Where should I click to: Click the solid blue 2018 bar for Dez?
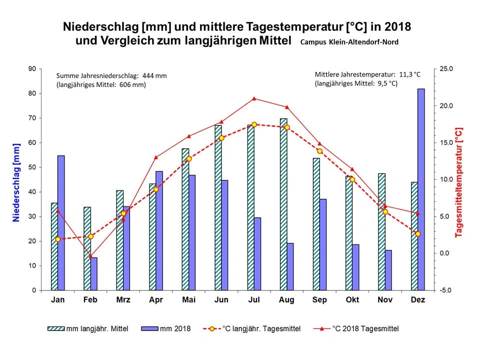421,190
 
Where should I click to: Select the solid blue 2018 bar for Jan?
61,223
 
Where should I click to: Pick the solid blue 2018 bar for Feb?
93,274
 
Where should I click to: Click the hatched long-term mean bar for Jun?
218,207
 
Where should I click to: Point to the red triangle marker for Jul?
254,98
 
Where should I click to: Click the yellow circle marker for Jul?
254,124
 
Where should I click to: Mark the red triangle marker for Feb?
90,256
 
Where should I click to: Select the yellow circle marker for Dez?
418,234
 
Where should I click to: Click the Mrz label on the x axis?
123,300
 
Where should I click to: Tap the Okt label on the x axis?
352,300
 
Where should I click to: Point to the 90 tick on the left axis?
32,69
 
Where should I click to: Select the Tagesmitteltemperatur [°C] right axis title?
459,182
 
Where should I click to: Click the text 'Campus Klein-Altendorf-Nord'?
349,42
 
